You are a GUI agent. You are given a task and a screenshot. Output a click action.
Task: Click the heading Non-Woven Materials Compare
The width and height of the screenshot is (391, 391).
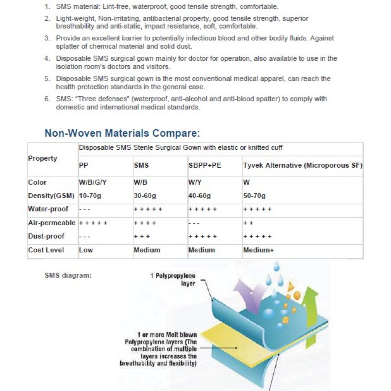122,133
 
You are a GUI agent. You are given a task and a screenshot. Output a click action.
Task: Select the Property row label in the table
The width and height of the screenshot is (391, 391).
42,158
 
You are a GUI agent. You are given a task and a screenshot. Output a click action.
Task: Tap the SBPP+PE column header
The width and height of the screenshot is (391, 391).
205,165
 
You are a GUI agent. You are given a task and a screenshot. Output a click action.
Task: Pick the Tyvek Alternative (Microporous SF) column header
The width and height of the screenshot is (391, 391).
302,165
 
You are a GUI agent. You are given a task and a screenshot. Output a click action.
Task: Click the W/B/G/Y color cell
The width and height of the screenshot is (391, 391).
92,183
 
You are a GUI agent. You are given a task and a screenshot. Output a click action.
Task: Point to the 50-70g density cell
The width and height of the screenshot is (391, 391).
254,196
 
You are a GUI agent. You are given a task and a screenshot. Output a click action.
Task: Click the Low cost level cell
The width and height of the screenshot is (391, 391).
86,250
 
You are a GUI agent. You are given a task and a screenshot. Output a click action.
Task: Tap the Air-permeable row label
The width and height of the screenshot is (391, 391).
52,223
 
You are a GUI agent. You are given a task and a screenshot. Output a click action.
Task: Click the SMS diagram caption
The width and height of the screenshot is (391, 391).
68,275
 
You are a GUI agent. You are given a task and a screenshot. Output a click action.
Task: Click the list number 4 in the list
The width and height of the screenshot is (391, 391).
47,59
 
